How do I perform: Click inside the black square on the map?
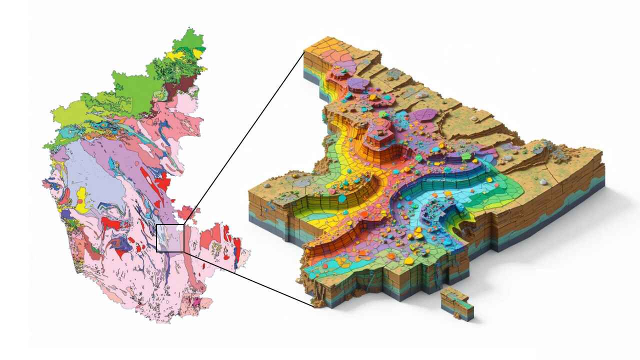(170, 238)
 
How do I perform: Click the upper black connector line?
(245, 135)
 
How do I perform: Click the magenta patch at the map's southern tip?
(196, 301)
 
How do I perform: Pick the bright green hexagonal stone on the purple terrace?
(466, 156)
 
